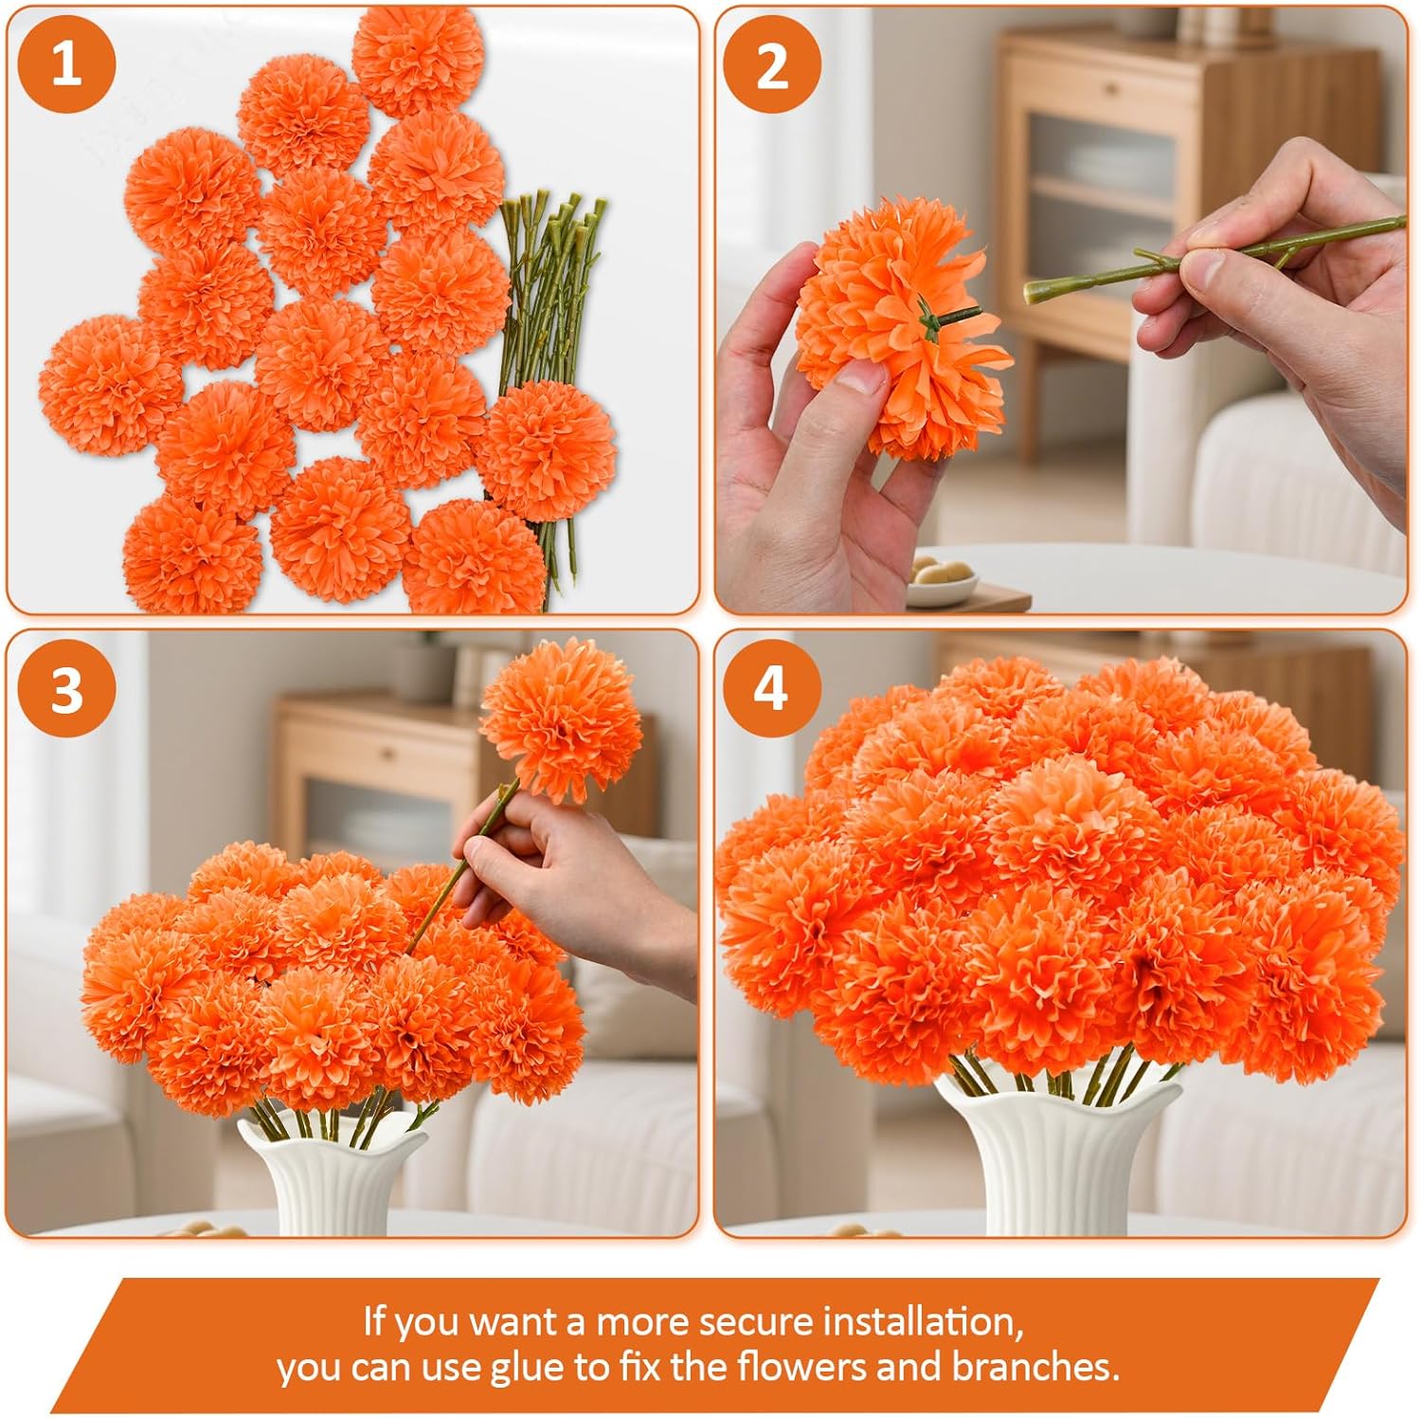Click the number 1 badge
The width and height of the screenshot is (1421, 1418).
click(x=66, y=65)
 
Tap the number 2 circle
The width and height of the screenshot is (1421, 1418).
click(x=772, y=65)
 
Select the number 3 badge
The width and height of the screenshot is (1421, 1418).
click(x=66, y=688)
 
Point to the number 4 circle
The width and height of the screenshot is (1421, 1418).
click(x=771, y=688)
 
